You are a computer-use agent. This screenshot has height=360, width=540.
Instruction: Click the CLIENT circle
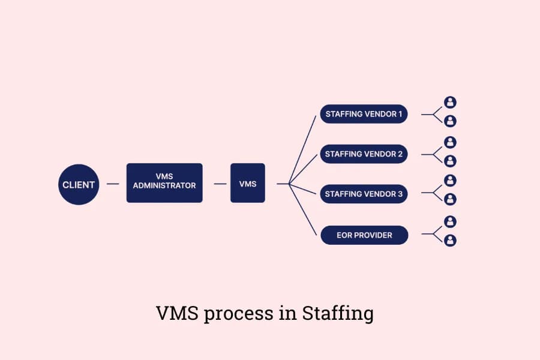tap(79, 184)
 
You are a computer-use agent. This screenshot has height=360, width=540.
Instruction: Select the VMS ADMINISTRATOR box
tap(164, 182)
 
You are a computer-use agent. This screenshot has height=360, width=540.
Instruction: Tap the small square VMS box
tap(247, 183)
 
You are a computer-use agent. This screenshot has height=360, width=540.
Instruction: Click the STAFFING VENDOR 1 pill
tap(364, 113)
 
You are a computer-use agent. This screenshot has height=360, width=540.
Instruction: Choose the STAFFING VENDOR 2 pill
tap(364, 154)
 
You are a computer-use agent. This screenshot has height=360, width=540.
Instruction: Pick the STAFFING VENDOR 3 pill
tap(364, 194)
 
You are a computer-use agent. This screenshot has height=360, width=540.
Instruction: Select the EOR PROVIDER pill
tap(364, 235)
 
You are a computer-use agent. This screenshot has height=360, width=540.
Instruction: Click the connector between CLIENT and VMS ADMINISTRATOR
tap(112, 184)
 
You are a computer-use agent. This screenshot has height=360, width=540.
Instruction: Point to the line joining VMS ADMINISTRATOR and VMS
tap(220, 184)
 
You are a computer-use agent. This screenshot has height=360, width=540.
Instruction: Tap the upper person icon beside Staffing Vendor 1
tap(450, 103)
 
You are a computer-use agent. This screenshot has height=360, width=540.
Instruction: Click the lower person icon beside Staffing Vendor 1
tap(450, 121)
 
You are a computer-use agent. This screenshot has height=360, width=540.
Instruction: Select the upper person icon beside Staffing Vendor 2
tap(450, 142)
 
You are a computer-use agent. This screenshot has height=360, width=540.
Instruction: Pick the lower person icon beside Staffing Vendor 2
tap(450, 161)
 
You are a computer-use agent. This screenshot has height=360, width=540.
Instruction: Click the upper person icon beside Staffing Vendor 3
tap(450, 181)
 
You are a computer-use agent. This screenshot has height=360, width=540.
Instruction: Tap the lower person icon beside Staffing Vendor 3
tap(450, 199)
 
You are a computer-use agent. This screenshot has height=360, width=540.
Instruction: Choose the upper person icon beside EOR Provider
tap(450, 222)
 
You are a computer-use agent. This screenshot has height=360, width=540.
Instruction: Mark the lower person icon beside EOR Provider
tap(450, 241)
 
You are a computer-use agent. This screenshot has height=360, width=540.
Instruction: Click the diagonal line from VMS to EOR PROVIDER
tap(303, 210)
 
